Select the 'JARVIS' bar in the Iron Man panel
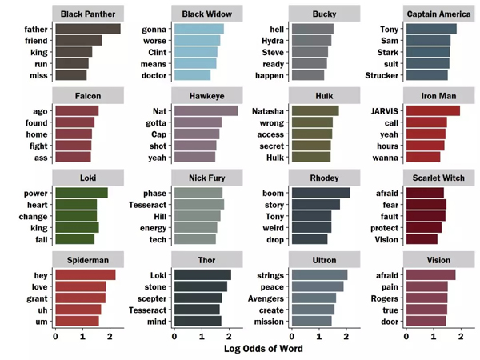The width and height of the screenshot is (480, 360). (x=433, y=110)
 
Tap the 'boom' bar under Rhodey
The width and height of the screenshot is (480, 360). (x=321, y=193)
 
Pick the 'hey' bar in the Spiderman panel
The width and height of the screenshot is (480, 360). (x=85, y=275)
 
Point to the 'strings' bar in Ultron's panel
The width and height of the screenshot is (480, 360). (x=320, y=275)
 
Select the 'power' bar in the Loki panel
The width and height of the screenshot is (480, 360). (x=81, y=193)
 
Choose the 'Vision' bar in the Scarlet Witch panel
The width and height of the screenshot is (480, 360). (x=422, y=238)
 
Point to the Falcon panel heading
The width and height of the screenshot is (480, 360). (x=88, y=95)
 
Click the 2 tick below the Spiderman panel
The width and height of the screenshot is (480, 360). (x=110, y=336)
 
